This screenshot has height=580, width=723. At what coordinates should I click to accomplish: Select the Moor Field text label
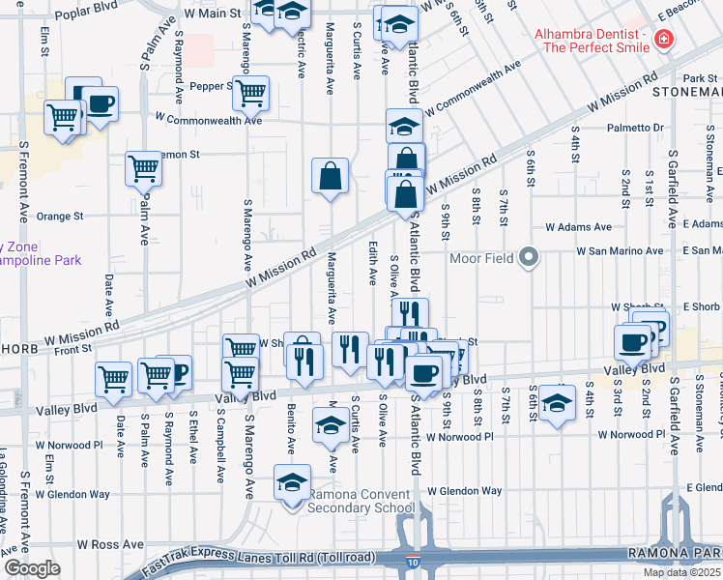483,258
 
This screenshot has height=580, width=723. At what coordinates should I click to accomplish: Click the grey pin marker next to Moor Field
528,258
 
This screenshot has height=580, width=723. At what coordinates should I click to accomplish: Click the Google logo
32,568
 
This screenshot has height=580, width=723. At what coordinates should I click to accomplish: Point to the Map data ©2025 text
681,572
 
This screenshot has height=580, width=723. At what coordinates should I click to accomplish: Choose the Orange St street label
66,217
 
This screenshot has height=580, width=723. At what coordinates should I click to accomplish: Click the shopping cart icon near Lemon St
143,168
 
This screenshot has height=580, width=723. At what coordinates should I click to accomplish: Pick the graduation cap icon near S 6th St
557,402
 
